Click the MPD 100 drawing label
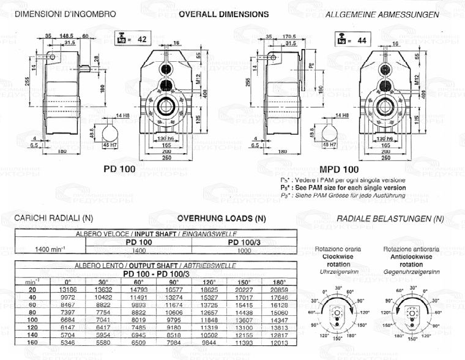point(338,168)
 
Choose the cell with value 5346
point(69,343)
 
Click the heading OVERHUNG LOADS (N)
point(221,218)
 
